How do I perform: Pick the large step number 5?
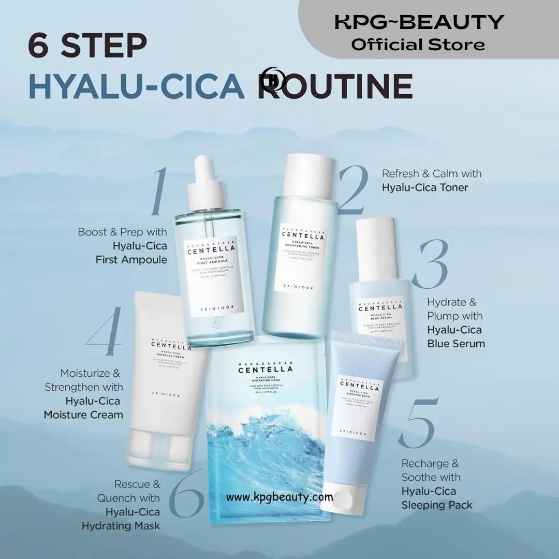point(418,423)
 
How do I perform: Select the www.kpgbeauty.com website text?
point(279,497)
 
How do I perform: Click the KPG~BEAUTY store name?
point(419,22)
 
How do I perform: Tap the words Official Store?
point(418,45)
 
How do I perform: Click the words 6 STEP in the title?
point(87,46)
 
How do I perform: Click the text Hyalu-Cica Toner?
point(424,187)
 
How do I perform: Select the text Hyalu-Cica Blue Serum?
point(455,336)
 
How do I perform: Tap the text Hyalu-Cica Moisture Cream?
point(84,407)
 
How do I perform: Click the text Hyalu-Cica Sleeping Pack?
point(437,498)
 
